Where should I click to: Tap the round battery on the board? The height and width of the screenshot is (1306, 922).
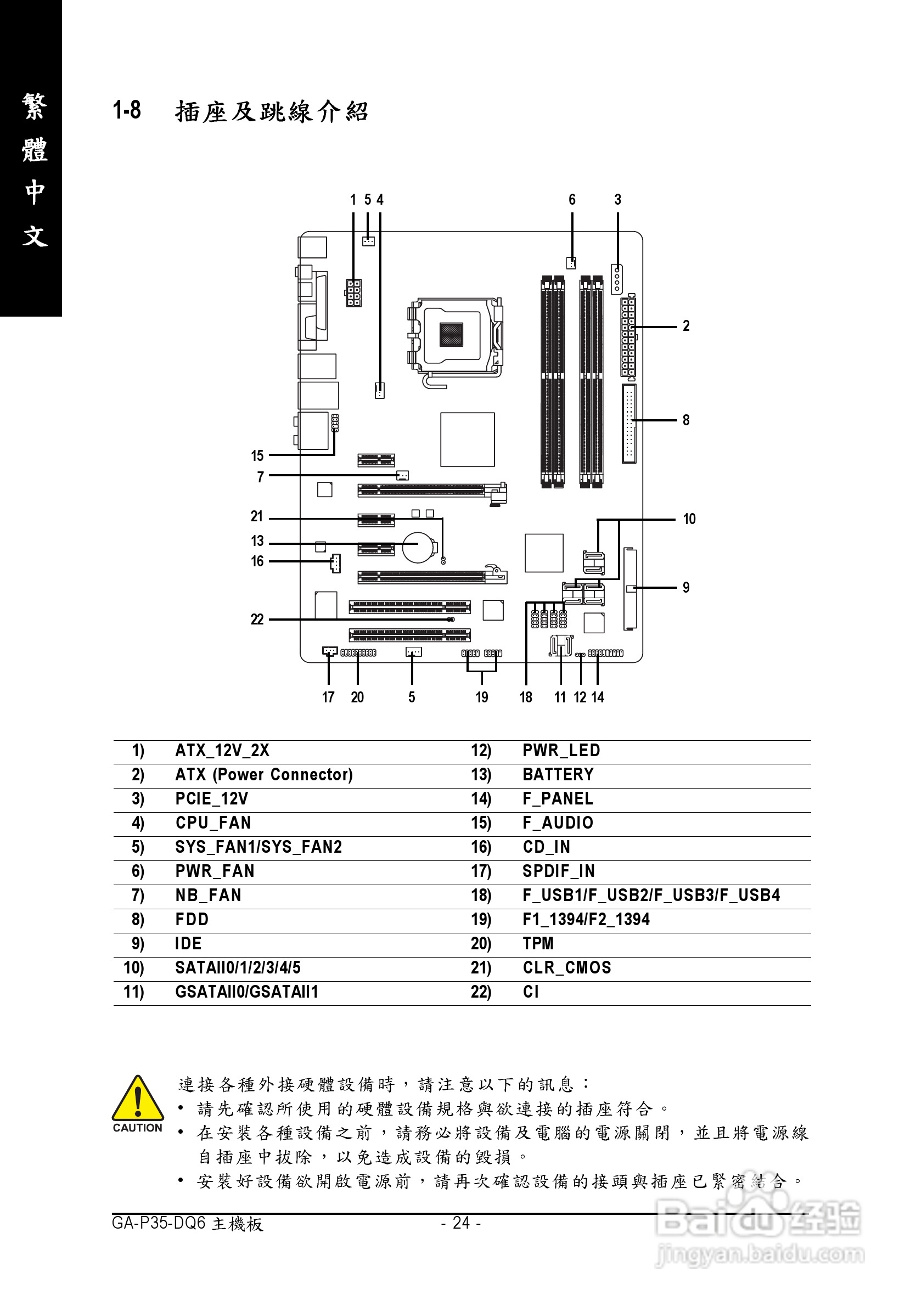[419, 547]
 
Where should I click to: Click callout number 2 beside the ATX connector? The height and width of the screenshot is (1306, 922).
[686, 326]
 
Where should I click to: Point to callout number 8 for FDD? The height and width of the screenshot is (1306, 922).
[686, 420]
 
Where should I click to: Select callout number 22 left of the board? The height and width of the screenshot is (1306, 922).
[257, 620]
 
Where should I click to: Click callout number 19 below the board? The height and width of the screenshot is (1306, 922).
[482, 697]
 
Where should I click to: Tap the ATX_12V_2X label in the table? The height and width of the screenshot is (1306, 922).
[222, 751]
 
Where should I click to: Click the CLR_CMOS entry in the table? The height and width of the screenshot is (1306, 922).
[566, 968]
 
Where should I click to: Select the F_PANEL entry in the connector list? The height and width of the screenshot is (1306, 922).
[558, 799]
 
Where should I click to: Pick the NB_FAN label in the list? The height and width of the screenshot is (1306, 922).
[208, 896]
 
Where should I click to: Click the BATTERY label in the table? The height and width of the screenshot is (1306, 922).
[558, 775]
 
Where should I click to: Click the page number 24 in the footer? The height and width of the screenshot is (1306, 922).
[462, 1223]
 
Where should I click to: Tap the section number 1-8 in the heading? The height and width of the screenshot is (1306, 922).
[127, 110]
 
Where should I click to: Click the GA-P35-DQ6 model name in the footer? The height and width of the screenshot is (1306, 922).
[159, 1223]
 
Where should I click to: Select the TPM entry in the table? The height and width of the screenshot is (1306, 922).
[538, 944]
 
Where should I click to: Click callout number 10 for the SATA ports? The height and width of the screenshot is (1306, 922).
[689, 519]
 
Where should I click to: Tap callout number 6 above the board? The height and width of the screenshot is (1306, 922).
[572, 200]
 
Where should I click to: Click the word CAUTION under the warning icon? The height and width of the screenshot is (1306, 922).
[138, 1128]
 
